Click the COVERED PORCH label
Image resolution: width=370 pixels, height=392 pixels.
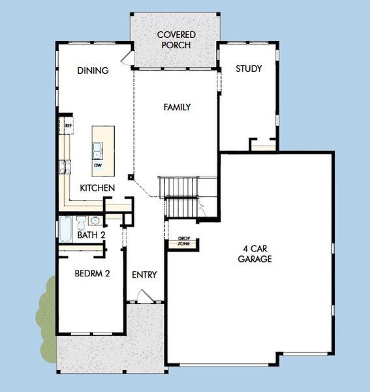(x=176, y=40)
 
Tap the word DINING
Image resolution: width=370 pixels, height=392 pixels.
(x=92, y=71)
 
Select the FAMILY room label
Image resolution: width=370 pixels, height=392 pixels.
(x=177, y=106)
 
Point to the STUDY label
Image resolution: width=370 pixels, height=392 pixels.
(x=249, y=69)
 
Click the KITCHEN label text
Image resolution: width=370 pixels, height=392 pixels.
(x=97, y=188)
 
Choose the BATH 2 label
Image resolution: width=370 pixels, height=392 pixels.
(x=91, y=235)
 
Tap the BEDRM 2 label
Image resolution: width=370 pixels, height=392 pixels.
(x=91, y=273)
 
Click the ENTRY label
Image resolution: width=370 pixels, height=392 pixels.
(x=144, y=274)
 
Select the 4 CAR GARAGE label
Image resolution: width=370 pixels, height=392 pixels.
(x=254, y=253)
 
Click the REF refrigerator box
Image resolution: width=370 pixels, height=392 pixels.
(x=67, y=125)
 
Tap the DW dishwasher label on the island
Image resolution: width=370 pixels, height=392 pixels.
(x=98, y=165)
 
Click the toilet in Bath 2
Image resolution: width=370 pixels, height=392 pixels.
(x=81, y=221)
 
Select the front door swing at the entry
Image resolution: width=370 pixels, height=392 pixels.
(x=147, y=296)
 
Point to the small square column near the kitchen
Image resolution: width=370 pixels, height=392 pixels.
(x=131, y=176)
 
